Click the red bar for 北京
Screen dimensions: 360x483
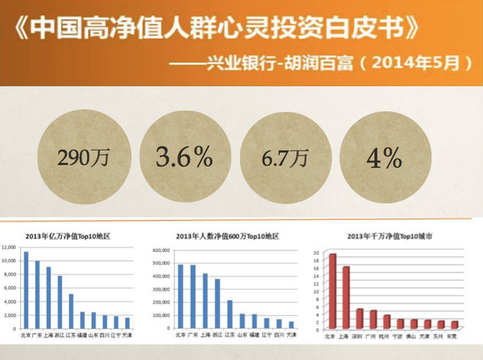[332, 292]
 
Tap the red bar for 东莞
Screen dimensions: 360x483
[454, 325]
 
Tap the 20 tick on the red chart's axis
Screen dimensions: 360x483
[317, 253]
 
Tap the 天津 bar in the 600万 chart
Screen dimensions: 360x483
[291, 324]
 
